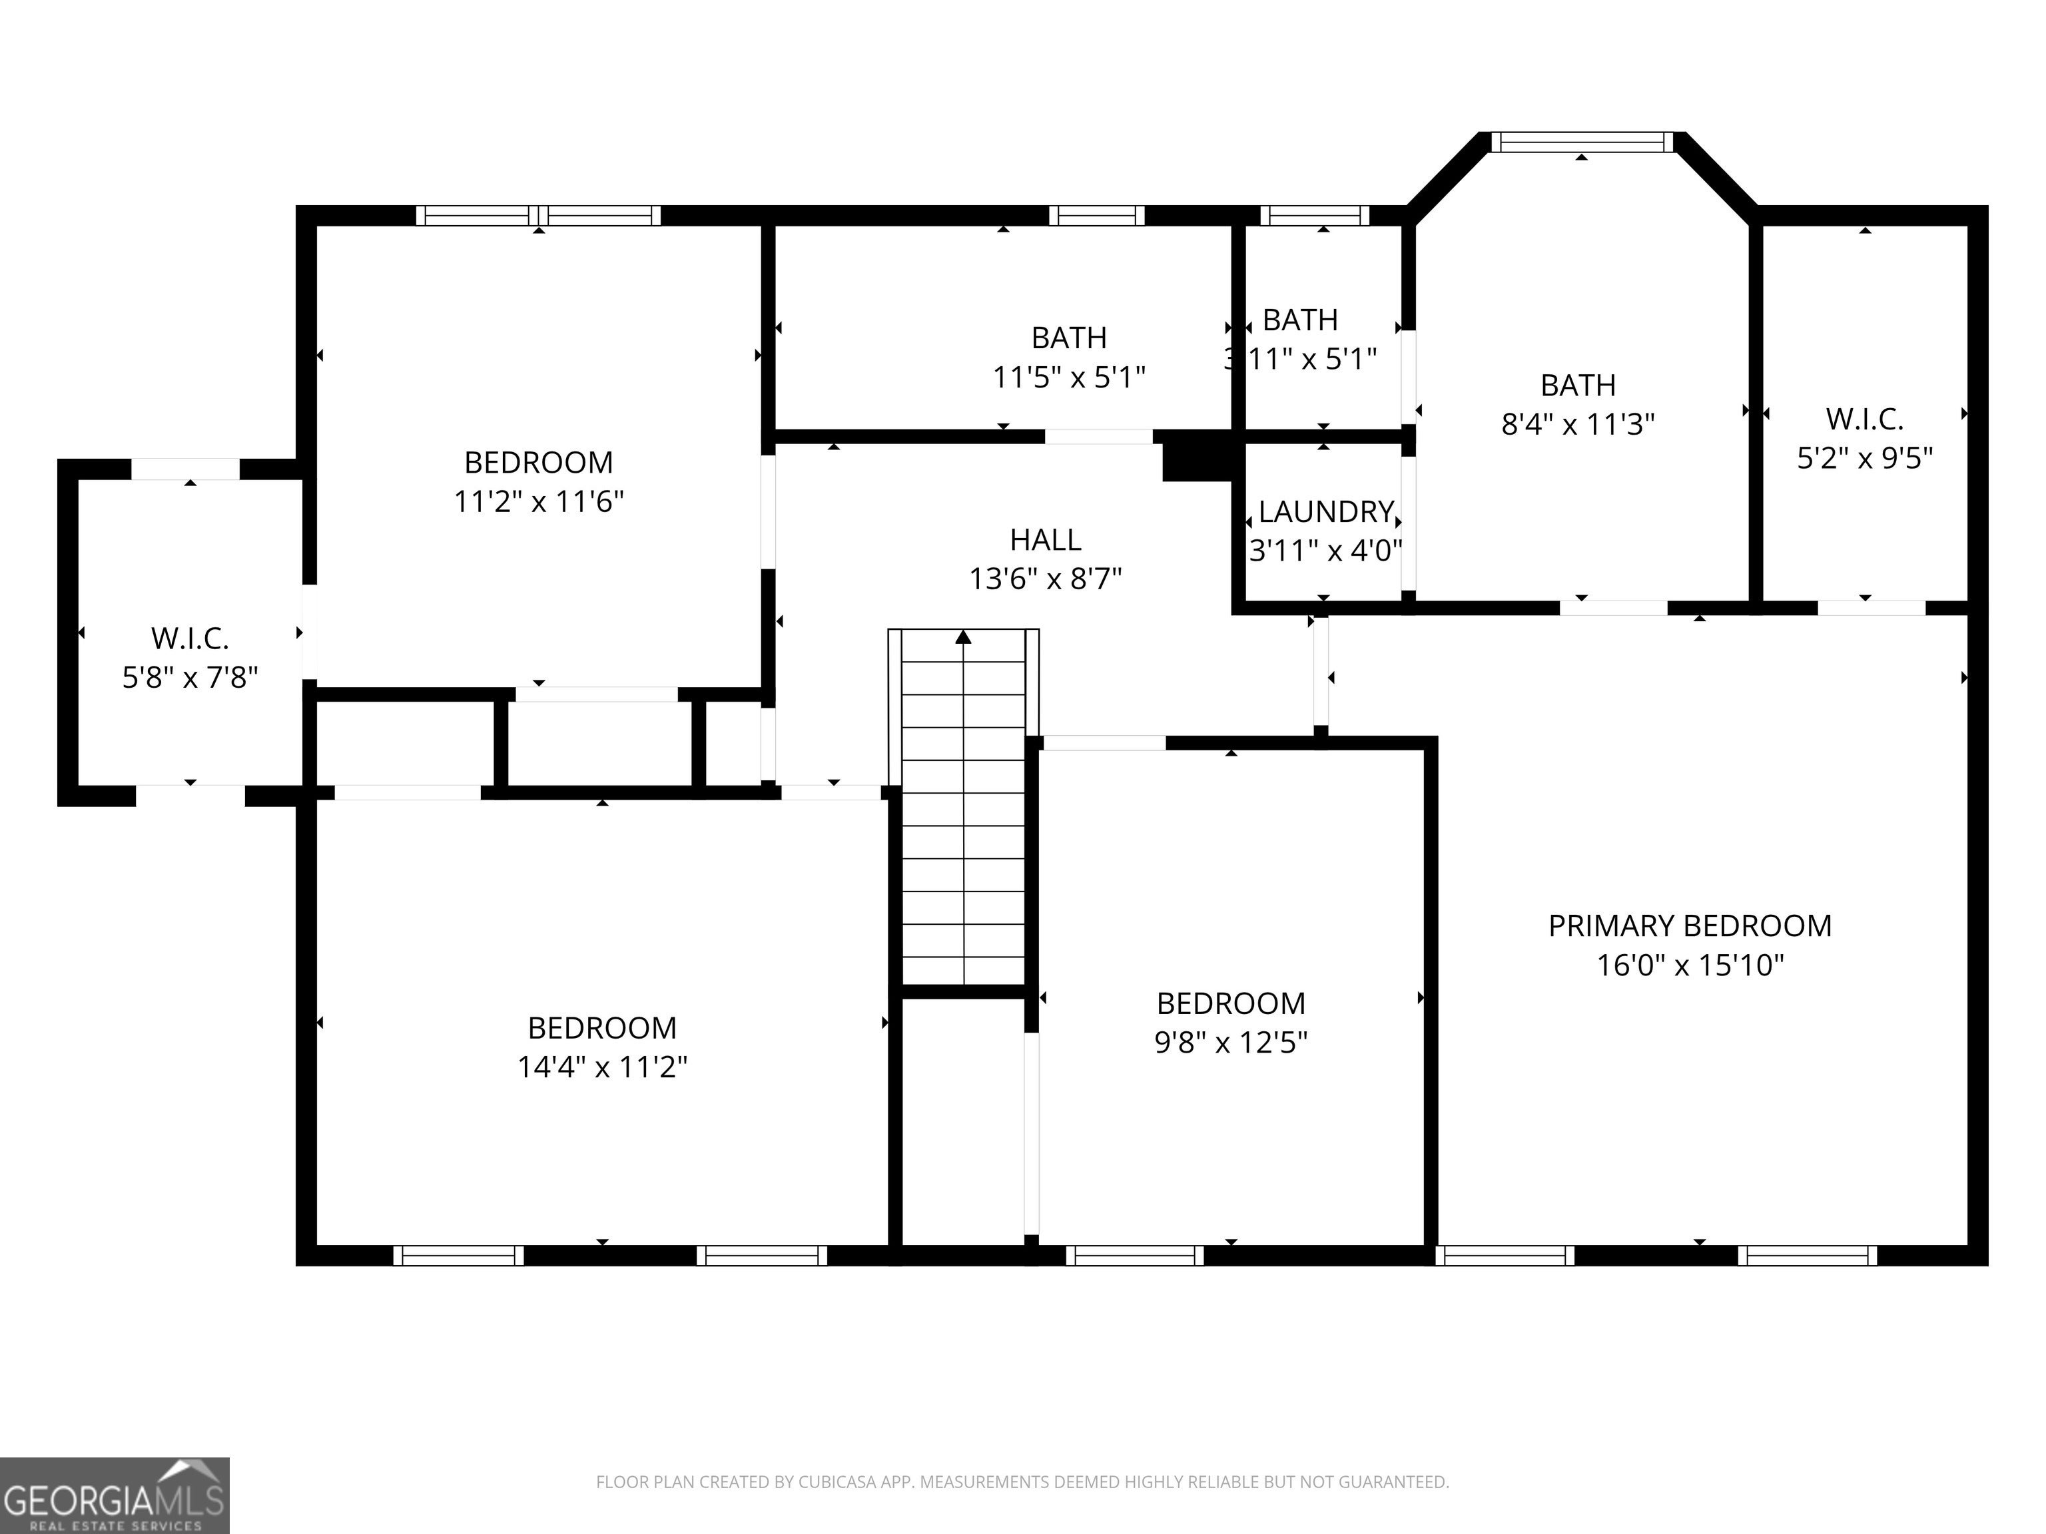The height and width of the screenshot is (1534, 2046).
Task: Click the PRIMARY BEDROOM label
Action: point(1690,925)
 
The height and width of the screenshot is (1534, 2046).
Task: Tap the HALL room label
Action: point(1045,539)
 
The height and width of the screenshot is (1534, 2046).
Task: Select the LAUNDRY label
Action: point(1325,511)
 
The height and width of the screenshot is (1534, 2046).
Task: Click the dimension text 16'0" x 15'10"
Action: point(1690,965)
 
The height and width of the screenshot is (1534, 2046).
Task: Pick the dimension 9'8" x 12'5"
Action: point(1231,1042)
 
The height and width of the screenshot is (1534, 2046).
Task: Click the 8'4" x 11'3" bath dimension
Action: point(1578,423)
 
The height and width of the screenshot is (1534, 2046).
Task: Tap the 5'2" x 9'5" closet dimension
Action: point(1865,457)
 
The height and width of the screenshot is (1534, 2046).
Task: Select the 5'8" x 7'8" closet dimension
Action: point(190,677)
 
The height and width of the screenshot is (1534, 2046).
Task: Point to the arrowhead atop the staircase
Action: point(964,636)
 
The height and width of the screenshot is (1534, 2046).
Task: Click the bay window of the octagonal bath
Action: point(1582,142)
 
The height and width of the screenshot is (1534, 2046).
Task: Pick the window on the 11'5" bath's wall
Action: point(1096,216)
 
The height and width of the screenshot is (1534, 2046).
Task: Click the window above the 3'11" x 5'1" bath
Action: point(1314,216)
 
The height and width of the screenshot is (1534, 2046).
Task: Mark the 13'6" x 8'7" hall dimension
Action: point(1045,579)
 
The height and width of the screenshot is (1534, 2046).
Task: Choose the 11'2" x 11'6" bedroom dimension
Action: point(538,501)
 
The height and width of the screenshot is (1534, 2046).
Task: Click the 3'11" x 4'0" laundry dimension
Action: point(1325,550)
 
